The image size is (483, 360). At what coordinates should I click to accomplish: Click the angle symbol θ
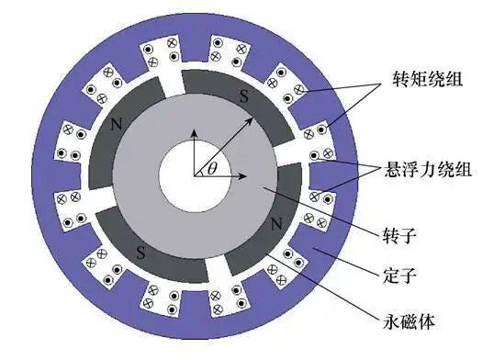pos(212,168)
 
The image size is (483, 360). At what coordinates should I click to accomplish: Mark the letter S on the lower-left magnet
pos(140,250)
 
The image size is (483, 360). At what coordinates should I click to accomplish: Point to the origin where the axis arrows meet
pos(194,174)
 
